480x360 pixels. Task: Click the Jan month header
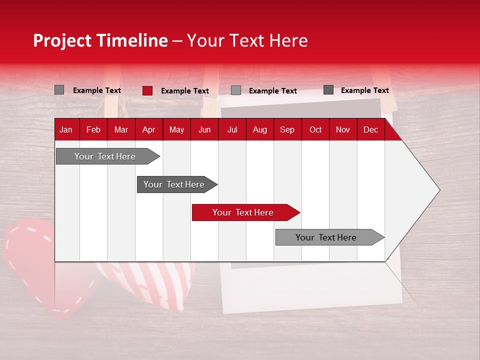(x=66, y=129)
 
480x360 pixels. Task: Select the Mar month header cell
(x=121, y=129)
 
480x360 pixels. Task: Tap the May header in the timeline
(x=176, y=129)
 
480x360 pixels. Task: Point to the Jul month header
(x=232, y=129)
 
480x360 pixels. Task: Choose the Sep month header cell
(x=287, y=129)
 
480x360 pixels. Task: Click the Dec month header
(x=370, y=129)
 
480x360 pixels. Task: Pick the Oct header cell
(x=315, y=129)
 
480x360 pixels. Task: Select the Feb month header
(x=93, y=129)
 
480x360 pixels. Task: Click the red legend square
(x=147, y=90)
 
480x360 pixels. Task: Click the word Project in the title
(x=63, y=40)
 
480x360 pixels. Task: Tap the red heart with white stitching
(x=30, y=255)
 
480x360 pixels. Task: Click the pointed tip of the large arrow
(x=438, y=190)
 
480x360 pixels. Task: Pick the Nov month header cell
(x=343, y=129)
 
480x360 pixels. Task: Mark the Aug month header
(x=259, y=129)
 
